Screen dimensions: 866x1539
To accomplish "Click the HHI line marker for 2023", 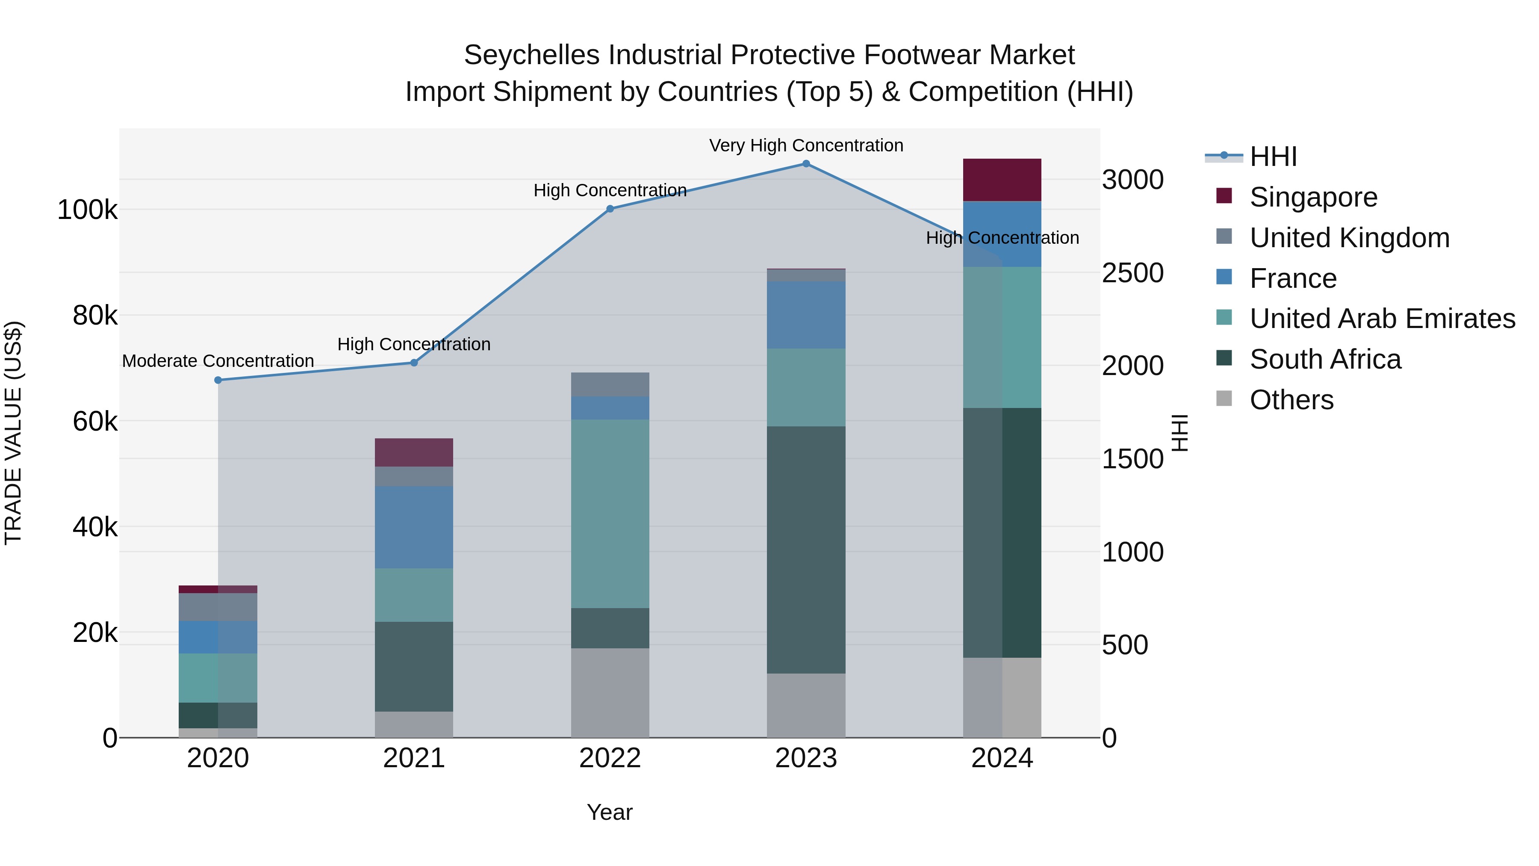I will [x=806, y=164].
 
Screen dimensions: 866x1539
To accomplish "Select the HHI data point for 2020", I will [x=218, y=380].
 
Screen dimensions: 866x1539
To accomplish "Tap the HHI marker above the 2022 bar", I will [x=610, y=209].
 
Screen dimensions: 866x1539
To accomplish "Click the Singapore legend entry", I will [x=1313, y=197].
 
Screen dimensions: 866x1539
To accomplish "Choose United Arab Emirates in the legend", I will [x=1382, y=319].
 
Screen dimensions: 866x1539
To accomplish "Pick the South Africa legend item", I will [x=1325, y=359].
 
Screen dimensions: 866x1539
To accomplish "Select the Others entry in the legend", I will [x=1291, y=400].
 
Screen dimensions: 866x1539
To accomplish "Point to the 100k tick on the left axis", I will [x=87, y=210].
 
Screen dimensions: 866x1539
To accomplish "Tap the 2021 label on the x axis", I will [x=413, y=758].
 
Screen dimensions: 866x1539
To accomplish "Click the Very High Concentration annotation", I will [x=806, y=145].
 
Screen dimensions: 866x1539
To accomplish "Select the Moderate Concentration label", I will [x=218, y=361].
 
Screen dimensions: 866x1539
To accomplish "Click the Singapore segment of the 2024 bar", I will [x=1002, y=180].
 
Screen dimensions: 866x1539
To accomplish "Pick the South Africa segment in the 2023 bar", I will [x=806, y=550].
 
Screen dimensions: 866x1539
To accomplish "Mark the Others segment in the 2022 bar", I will [x=610, y=693].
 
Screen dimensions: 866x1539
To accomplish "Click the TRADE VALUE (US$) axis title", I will [x=13, y=433].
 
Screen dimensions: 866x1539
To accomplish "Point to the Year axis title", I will [x=609, y=812].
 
